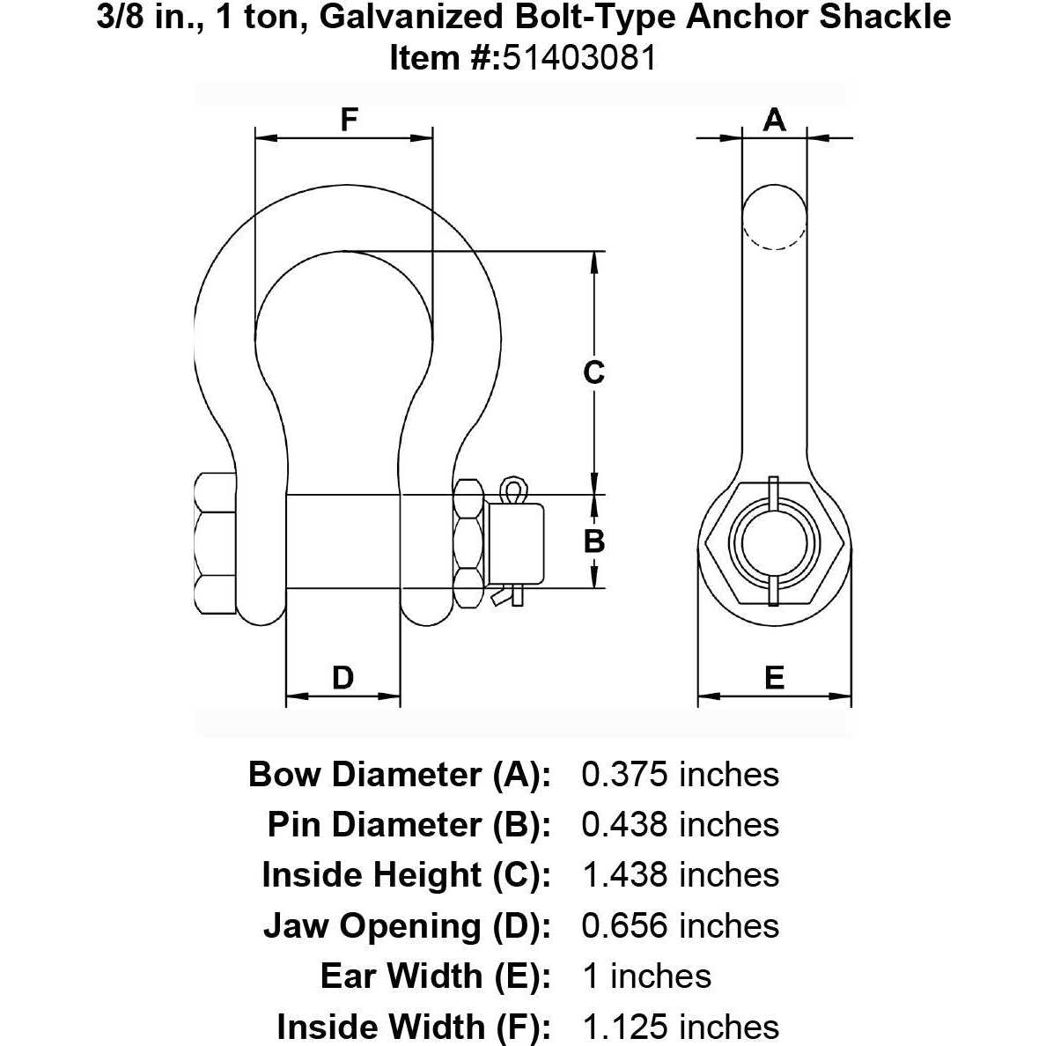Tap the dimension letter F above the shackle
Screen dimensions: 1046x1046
(x=350, y=120)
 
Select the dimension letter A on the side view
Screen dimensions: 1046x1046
(x=774, y=119)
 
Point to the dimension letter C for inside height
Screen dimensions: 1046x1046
(x=594, y=372)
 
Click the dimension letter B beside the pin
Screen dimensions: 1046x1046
(x=594, y=541)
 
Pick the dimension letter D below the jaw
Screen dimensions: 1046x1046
(x=343, y=677)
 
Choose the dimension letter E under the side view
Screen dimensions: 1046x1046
(x=774, y=677)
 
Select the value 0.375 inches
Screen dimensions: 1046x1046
(x=680, y=774)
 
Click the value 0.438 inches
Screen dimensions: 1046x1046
(x=680, y=825)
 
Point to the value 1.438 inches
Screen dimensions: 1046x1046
(x=680, y=875)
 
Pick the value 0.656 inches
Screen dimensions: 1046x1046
(x=680, y=926)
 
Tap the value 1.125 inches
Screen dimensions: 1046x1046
(x=680, y=1027)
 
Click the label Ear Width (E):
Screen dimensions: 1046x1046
(x=436, y=976)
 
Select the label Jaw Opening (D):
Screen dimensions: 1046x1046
(x=407, y=926)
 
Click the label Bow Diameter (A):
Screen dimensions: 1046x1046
(x=400, y=774)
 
